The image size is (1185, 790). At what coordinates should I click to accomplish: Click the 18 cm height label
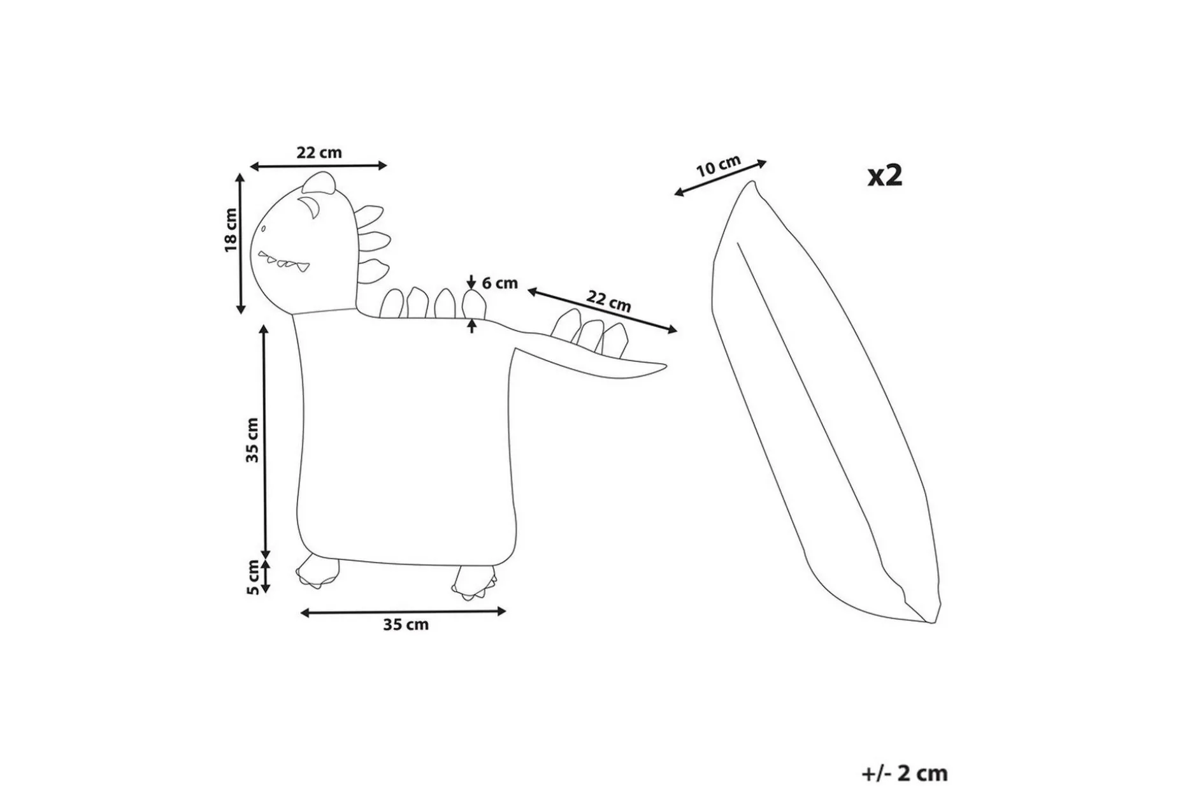tap(231, 230)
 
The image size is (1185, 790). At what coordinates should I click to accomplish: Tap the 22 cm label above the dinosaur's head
tap(319, 153)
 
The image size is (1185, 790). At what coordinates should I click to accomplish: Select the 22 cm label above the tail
tap(609, 300)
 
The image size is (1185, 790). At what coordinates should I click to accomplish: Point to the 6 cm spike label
tap(499, 283)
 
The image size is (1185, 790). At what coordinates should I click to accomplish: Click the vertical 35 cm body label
tap(253, 440)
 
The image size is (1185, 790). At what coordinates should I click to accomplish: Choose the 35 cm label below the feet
tap(406, 624)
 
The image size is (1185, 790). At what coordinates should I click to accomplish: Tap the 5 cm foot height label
tap(253, 577)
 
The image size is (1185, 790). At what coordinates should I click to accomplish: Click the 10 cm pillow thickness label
tap(718, 166)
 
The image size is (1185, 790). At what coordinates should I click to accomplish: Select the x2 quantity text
tap(886, 175)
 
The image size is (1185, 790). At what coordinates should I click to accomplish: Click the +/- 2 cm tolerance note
tap(905, 773)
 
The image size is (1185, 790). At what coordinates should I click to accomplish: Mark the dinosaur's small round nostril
tap(262, 229)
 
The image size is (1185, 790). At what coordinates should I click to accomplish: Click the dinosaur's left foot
tap(317, 571)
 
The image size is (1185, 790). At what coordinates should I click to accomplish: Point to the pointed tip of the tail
tap(665, 366)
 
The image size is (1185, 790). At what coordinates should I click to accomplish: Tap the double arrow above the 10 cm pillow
tap(720, 178)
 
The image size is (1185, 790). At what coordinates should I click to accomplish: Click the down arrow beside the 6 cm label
tap(471, 281)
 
